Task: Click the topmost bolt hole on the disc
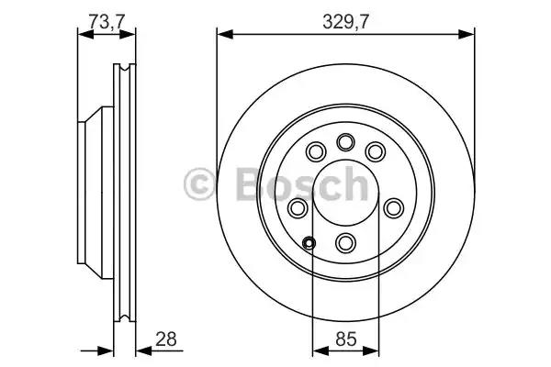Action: click(x=346, y=141)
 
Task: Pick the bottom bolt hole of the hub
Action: click(x=346, y=242)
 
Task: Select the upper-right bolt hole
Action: click(x=375, y=150)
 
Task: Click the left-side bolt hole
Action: click(x=298, y=208)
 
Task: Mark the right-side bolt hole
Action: click(x=396, y=208)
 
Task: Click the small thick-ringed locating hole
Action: click(x=309, y=243)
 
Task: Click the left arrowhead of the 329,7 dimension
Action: click(x=222, y=36)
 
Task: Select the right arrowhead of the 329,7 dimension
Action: click(x=470, y=36)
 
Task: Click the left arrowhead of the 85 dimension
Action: click(x=318, y=349)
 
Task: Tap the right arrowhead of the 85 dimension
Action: click(x=374, y=349)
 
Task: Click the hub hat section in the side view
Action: click(x=92, y=192)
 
